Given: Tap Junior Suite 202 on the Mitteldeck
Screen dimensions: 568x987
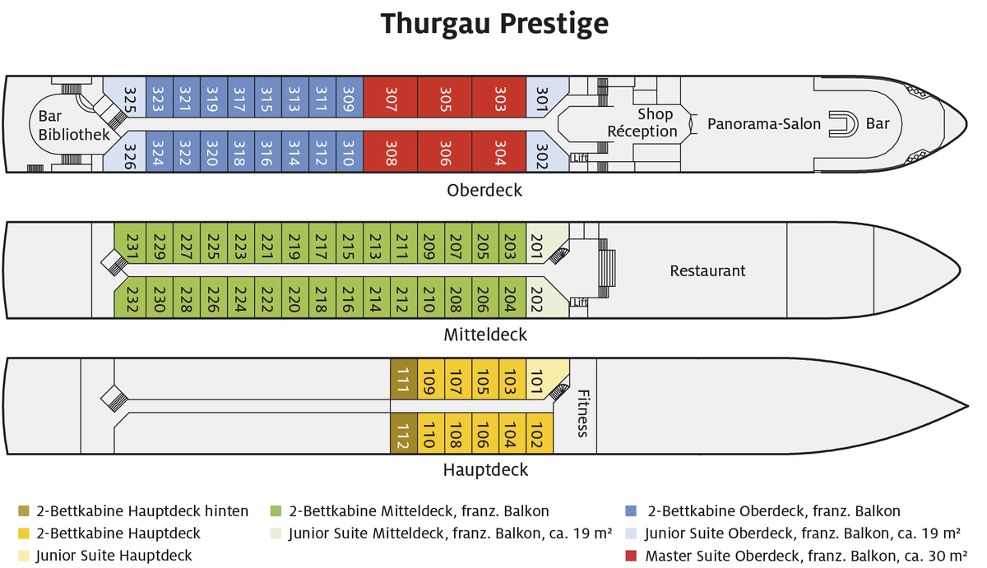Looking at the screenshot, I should tap(539, 297).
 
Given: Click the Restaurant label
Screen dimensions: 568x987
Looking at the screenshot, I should tap(707, 270).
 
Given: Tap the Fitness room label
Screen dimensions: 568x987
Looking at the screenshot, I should tap(582, 413).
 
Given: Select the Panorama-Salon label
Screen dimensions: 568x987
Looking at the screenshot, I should tap(764, 124).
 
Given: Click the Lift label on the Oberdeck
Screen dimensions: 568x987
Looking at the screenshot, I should tap(581, 158).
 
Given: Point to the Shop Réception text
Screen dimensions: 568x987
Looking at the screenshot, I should tap(642, 122).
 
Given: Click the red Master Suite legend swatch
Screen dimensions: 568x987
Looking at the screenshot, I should tap(632, 556).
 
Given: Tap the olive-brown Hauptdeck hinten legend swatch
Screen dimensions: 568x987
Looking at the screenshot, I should tap(22, 511).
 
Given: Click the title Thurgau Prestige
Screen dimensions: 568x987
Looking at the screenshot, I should tap(493, 24).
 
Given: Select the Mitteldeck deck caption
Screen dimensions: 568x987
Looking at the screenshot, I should tap(485, 335).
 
